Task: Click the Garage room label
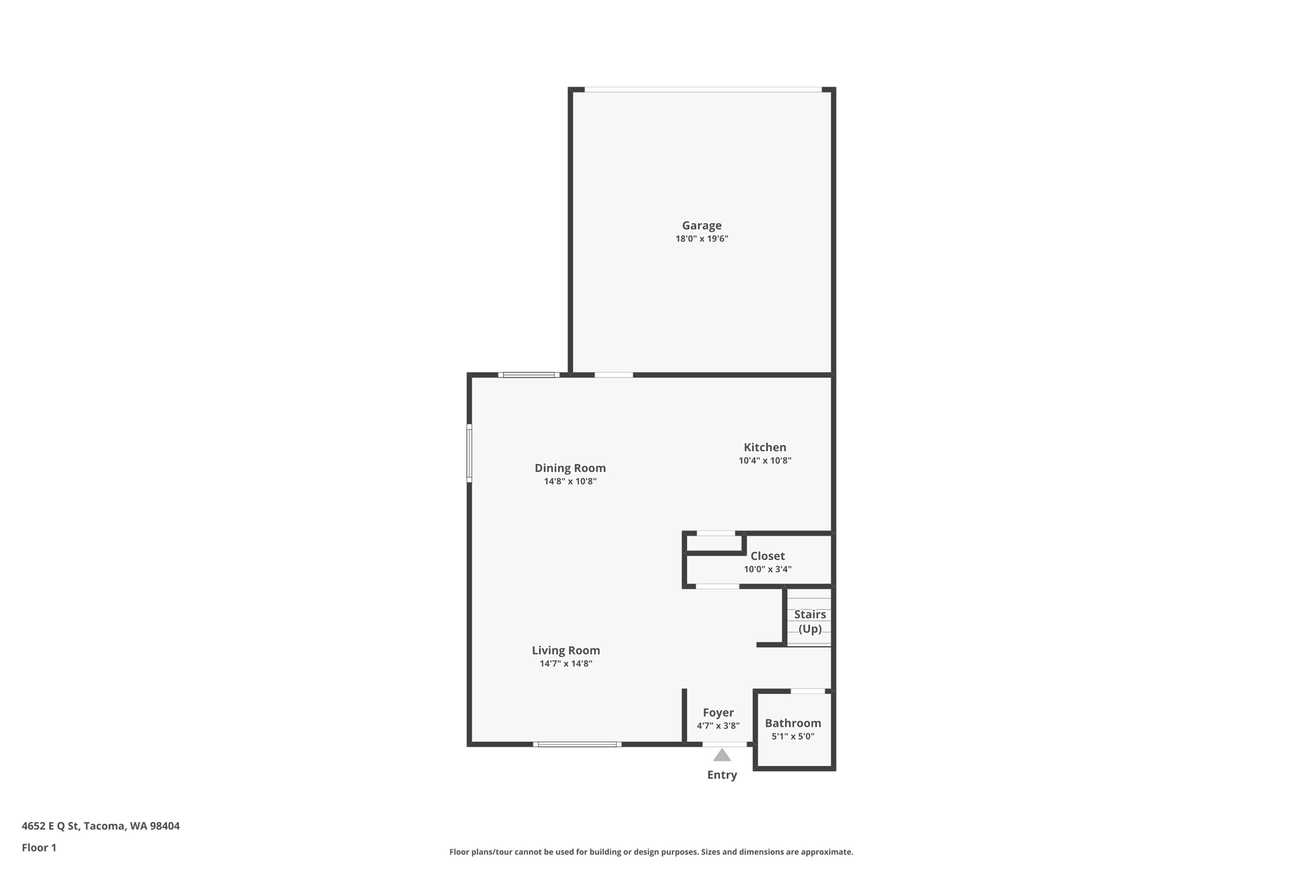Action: coord(702,225)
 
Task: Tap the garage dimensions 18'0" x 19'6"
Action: coord(702,239)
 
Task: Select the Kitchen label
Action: coord(765,448)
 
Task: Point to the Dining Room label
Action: coord(570,468)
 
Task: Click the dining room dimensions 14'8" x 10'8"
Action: coord(570,481)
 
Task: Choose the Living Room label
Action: coord(566,650)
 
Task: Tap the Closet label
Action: coord(767,556)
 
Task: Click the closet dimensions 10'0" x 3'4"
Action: coord(767,569)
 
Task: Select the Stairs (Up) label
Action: coord(810,621)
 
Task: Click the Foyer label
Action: coord(718,712)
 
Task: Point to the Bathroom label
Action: coord(793,723)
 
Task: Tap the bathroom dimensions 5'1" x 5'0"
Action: coord(793,737)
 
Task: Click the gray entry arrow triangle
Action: coord(722,755)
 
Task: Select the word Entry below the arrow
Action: coord(722,775)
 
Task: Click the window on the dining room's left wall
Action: coord(470,453)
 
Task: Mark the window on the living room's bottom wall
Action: coord(577,744)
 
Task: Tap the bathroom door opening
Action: coord(807,691)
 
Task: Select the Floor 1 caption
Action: coord(39,847)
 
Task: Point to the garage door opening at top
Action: coord(703,90)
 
